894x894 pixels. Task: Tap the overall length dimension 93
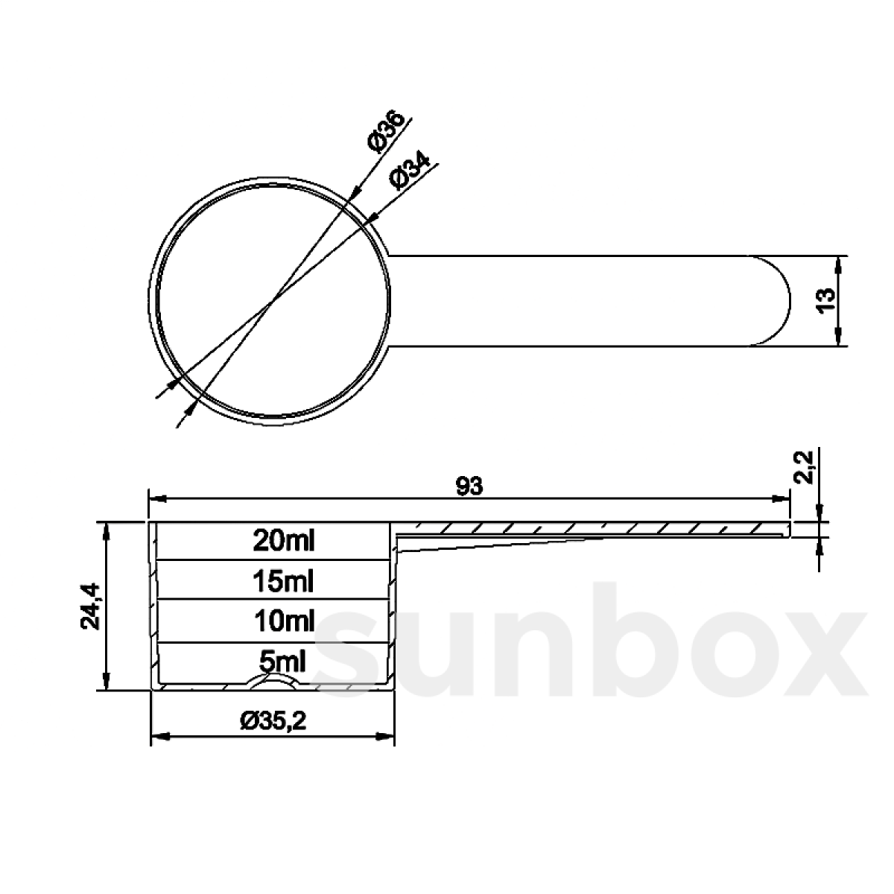click(x=470, y=486)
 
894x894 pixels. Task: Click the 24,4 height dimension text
click(x=91, y=606)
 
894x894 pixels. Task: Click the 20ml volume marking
click(x=284, y=540)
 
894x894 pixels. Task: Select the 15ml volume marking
click(x=284, y=580)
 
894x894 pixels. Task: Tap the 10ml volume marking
click(x=284, y=620)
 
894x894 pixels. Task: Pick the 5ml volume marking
click(x=284, y=660)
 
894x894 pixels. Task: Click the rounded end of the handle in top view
click(x=775, y=301)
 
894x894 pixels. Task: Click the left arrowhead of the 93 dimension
click(x=156, y=498)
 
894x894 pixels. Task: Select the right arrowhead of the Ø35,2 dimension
click(x=387, y=737)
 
